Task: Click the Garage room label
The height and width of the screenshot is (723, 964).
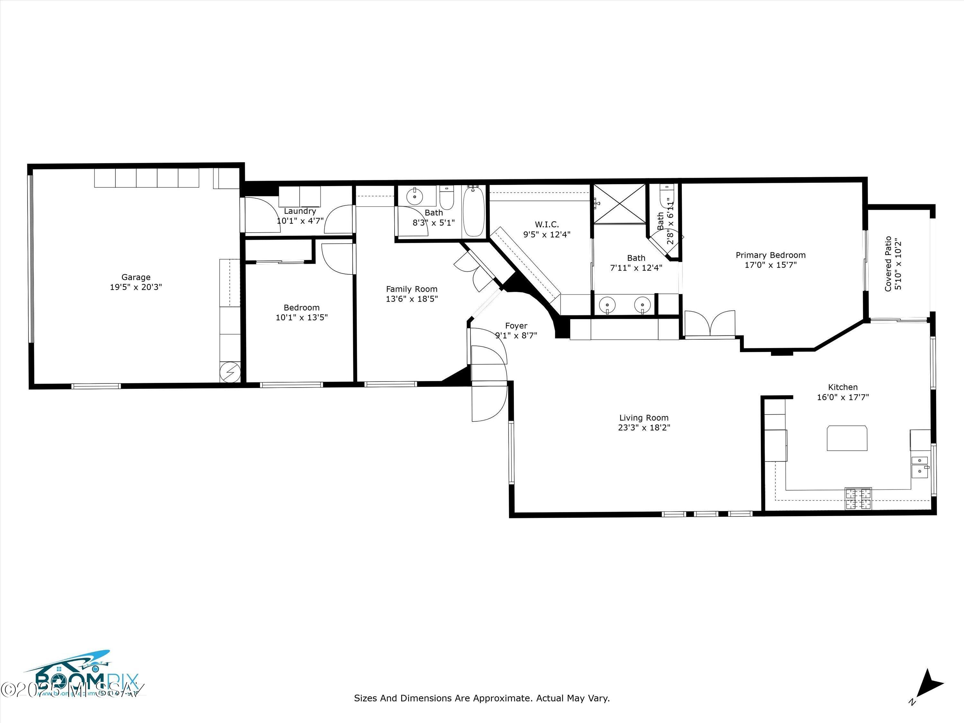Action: (136, 277)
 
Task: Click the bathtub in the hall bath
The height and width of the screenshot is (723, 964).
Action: (473, 211)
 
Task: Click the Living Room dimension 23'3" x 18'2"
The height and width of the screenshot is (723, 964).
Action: (644, 427)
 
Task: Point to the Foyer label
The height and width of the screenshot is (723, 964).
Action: (516, 326)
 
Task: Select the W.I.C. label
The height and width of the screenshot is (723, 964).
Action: (547, 224)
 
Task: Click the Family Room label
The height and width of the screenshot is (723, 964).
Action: (411, 289)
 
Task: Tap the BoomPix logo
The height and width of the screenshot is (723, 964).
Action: (83, 682)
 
